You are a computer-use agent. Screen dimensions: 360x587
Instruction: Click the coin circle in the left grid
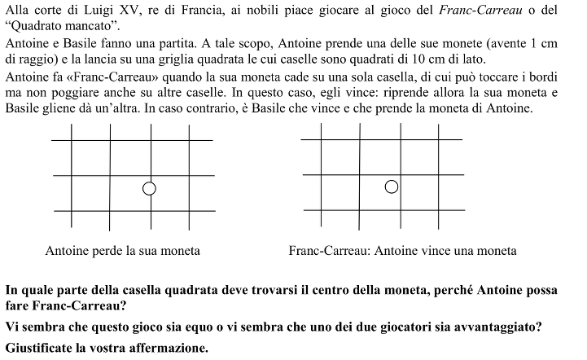tap(148, 189)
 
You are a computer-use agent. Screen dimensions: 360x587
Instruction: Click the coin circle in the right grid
tap(392, 187)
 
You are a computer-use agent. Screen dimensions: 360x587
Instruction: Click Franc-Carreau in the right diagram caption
tap(330, 252)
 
